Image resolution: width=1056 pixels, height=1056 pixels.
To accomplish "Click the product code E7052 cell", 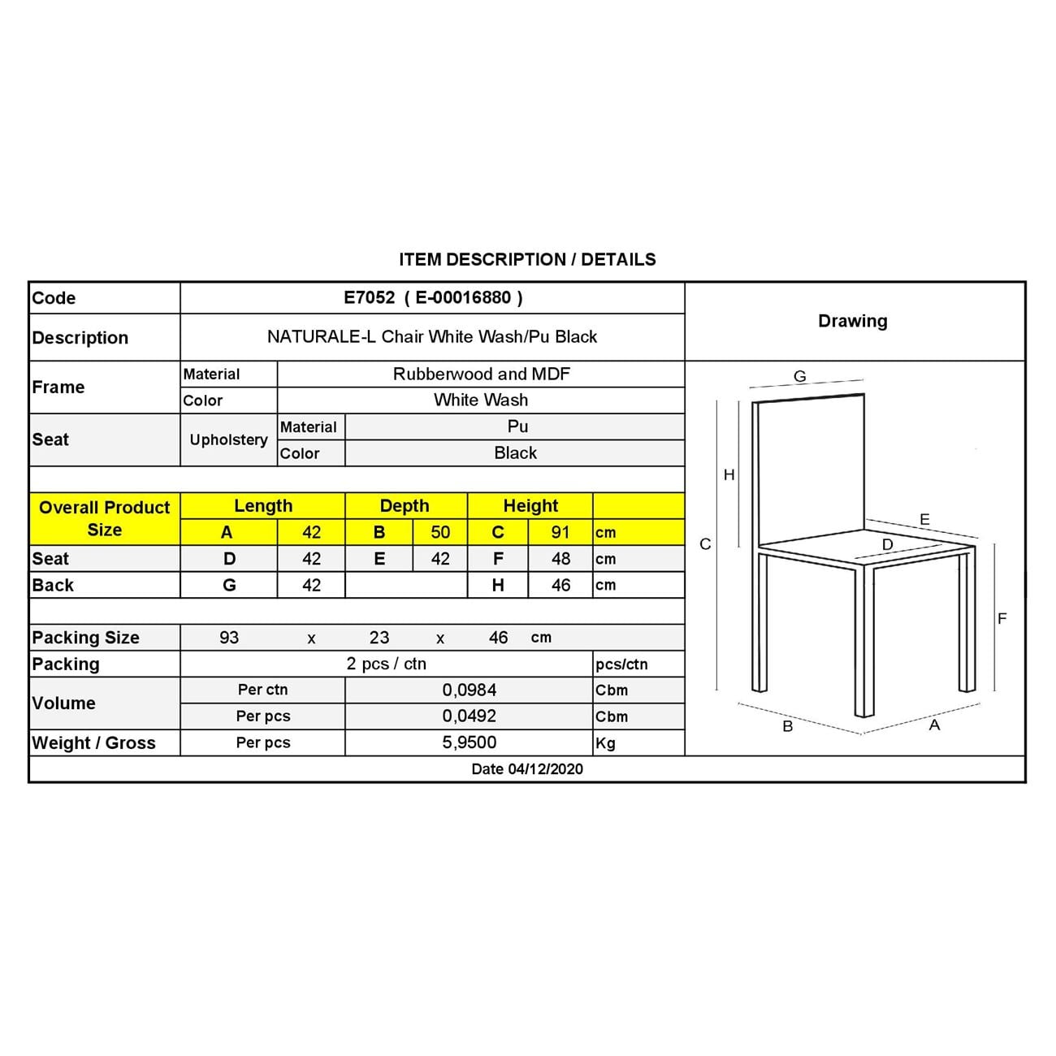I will [432, 297].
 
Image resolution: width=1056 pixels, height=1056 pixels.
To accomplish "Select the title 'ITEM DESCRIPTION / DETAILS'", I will [527, 260].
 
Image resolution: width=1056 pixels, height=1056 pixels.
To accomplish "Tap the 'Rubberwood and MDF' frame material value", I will [481, 374].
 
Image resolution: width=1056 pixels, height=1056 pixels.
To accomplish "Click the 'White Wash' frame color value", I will [481, 400].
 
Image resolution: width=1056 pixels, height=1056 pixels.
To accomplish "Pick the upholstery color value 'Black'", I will [515, 453].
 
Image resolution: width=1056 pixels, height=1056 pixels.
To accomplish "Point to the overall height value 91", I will [560, 533].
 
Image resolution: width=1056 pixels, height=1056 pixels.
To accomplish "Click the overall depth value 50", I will [440, 533].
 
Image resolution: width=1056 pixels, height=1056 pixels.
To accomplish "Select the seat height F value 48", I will [560, 559].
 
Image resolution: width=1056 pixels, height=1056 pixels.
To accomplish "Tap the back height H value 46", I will [560, 585].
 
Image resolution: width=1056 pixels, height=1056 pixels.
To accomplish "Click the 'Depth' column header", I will [405, 506].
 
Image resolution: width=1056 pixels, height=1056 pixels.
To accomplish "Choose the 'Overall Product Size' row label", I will [104, 518].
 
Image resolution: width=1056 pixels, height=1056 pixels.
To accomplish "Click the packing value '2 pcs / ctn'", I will [387, 664].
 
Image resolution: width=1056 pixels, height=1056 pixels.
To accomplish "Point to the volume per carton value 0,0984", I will [470, 690].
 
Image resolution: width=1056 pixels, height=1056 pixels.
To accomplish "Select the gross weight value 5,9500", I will [470, 742].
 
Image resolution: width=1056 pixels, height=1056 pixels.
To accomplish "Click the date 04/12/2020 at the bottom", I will [527, 769].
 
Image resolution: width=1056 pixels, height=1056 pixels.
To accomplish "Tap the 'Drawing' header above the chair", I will [852, 321].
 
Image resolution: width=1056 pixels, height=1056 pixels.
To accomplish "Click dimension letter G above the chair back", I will [800, 376].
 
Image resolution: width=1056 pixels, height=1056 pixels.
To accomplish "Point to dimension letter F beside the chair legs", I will [1002, 619].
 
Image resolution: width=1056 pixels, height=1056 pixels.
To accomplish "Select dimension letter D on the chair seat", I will [887, 544].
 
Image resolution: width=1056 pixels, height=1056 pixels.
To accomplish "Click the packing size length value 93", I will [229, 638].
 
